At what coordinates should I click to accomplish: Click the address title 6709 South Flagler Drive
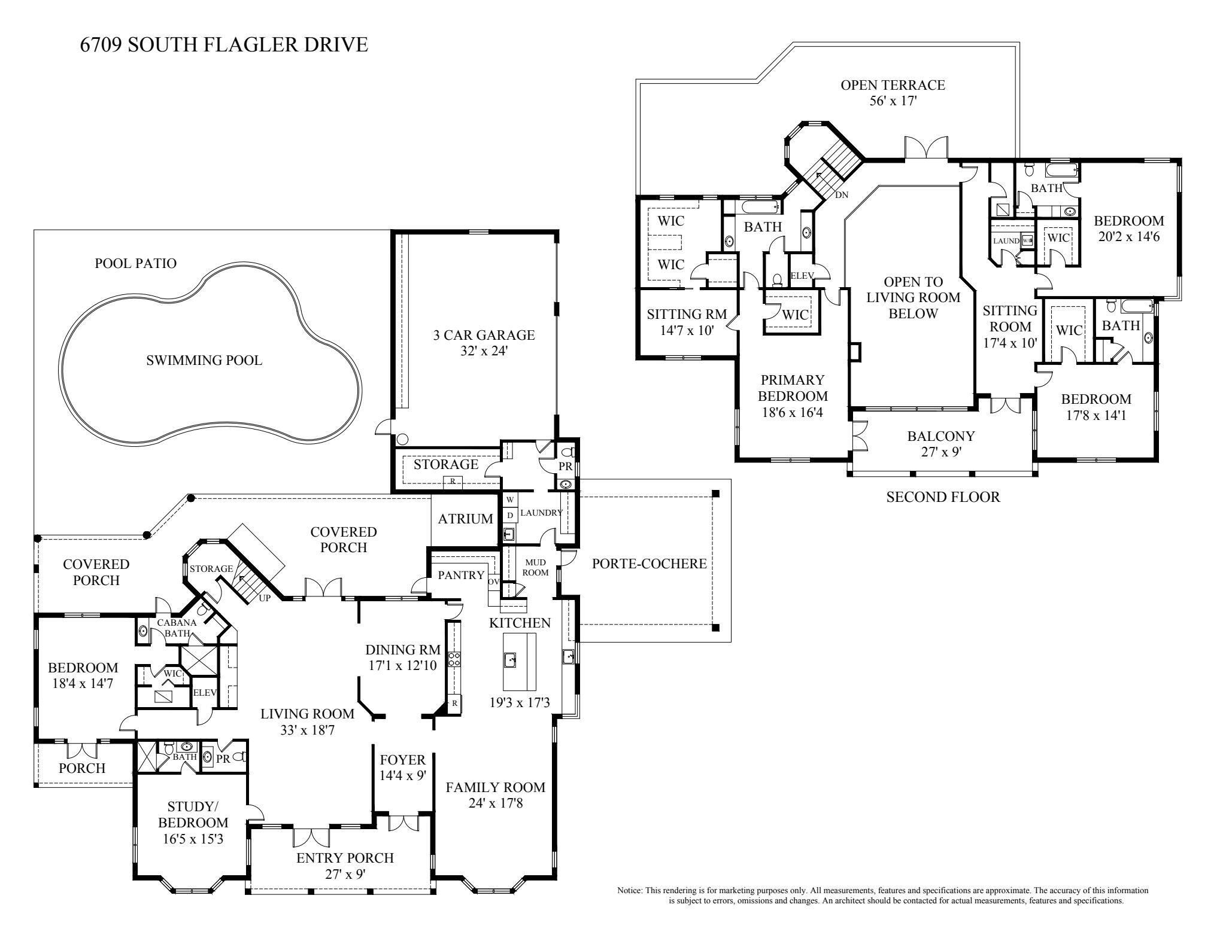pos(224,44)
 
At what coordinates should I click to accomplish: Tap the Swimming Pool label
pos(204,360)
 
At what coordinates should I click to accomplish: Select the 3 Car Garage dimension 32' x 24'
pos(484,351)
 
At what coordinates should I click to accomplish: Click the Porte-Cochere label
pos(649,563)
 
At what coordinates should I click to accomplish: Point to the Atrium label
pos(465,519)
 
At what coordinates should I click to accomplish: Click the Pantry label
pos(461,575)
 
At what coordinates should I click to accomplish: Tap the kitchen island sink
pos(511,660)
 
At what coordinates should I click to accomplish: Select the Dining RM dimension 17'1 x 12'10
pos(403,665)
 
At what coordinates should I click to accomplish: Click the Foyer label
pos(402,760)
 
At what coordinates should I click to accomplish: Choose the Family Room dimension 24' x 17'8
pos(496,803)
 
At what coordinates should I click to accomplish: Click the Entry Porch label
pos(345,858)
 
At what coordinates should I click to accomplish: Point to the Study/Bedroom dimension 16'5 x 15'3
pos(193,839)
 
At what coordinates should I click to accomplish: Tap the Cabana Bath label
pos(174,628)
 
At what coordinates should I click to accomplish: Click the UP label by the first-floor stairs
pos(264,597)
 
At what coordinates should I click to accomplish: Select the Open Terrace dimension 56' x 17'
pos(893,101)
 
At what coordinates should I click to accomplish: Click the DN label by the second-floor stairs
pos(841,195)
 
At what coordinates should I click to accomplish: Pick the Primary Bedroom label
pos(793,388)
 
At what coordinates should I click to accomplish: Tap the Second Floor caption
pos(942,497)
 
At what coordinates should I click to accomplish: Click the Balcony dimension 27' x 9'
pos(940,452)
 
